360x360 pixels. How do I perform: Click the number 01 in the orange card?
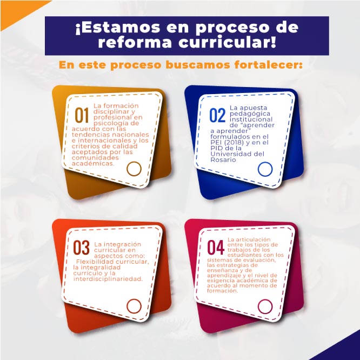pyautogui.click(x=82, y=115)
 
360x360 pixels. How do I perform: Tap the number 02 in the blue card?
pyautogui.click(x=217, y=116)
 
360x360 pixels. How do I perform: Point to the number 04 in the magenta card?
pyautogui.click(x=216, y=248)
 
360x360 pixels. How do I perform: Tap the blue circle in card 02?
pyautogui.click(x=265, y=169)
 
